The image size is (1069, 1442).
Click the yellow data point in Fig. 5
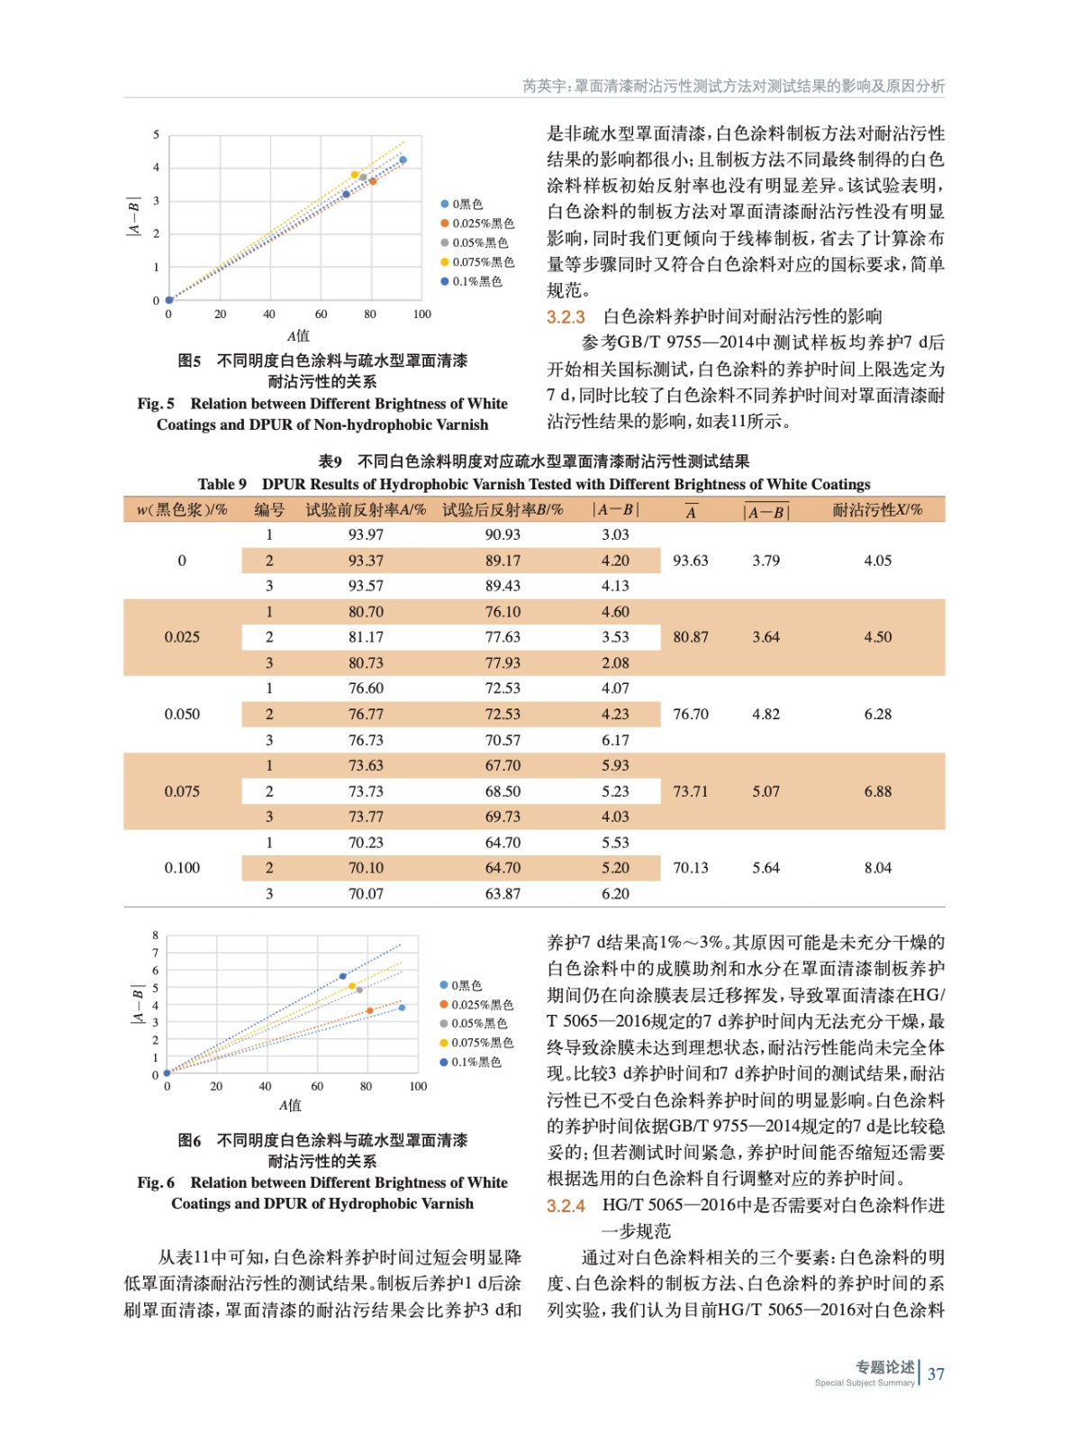coord(355,175)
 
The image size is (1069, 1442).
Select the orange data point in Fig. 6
coord(369,1011)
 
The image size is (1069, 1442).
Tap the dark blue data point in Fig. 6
coord(343,976)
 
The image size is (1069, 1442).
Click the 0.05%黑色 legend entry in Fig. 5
coord(474,242)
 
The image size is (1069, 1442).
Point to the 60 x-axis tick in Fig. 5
coord(321,315)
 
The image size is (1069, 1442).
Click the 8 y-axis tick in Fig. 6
coord(155,935)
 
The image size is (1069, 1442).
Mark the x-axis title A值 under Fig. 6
coord(290,1105)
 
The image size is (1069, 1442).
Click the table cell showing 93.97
coord(366,534)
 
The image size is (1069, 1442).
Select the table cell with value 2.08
coord(615,662)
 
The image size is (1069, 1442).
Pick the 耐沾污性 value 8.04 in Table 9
coord(877,868)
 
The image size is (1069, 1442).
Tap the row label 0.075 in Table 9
coord(182,791)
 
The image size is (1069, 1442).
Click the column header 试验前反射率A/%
coord(366,510)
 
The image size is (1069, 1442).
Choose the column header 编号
coord(268,510)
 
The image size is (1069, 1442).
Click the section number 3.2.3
coord(566,317)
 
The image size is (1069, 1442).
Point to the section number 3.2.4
coord(566,1206)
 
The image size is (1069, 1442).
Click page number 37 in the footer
coord(936,1374)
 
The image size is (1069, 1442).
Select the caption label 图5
coord(189,360)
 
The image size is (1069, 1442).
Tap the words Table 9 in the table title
coord(222,484)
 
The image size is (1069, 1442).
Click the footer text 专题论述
coord(884,1367)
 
